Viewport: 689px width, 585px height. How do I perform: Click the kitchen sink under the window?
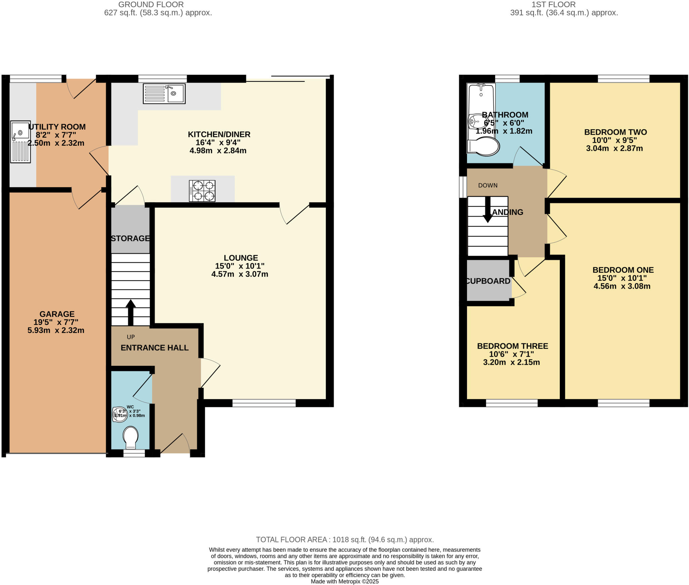[x=164, y=94]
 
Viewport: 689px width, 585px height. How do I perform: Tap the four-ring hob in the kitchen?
[x=202, y=191]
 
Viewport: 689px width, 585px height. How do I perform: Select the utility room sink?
[x=20, y=142]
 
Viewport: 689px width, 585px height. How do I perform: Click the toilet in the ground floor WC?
[x=131, y=437]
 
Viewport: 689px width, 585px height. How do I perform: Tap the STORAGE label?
[x=130, y=238]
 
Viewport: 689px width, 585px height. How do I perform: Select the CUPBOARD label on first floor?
[x=488, y=281]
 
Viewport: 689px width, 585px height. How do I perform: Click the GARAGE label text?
[x=57, y=314]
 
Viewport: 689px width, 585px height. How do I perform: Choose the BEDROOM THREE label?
[x=512, y=346]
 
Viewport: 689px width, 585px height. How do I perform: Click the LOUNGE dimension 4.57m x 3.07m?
[x=240, y=274]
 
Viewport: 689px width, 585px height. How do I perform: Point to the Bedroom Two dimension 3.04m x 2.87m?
[x=614, y=148]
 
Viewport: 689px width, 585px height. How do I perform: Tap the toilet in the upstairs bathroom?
[x=484, y=146]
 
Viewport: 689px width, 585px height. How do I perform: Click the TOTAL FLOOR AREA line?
[x=344, y=540]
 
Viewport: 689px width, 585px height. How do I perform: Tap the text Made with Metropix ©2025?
[x=344, y=581]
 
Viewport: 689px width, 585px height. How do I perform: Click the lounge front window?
[x=264, y=403]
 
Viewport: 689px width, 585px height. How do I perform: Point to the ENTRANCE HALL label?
[x=154, y=348]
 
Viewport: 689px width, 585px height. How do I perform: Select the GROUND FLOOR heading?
[x=151, y=5]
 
